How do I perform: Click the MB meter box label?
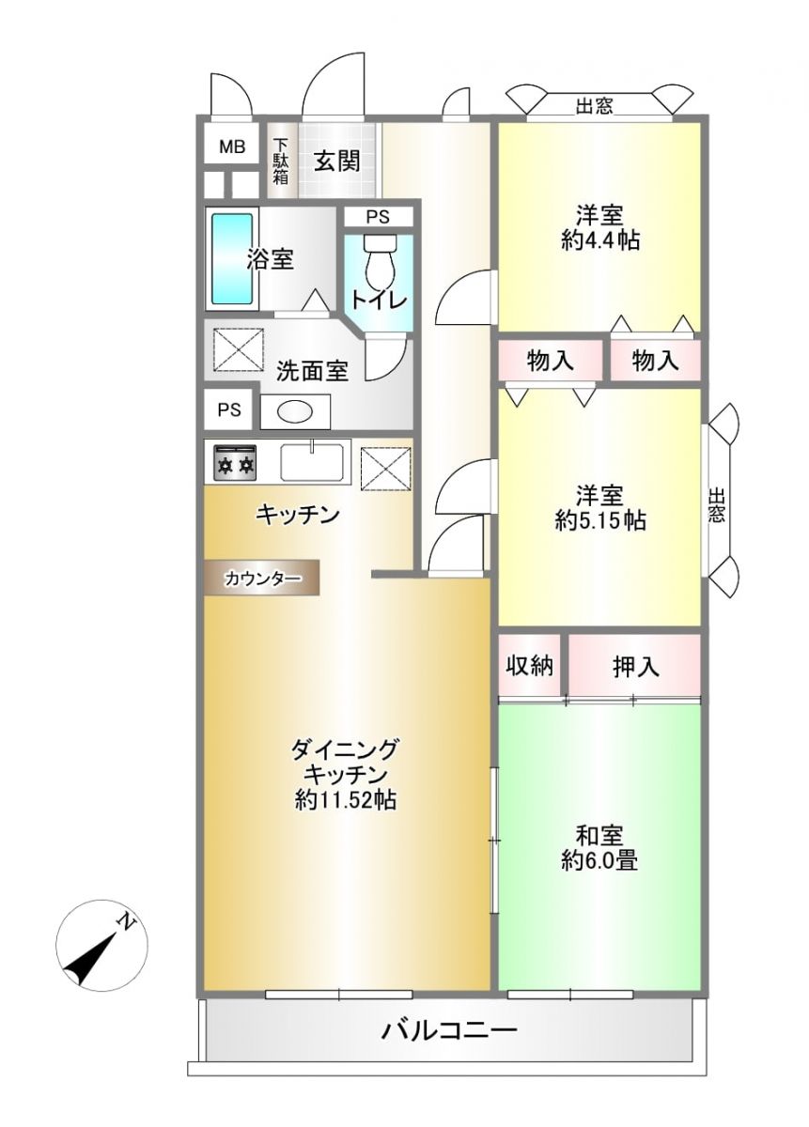click(231, 147)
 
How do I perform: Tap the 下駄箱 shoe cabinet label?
click(280, 161)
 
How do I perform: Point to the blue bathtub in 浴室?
click(231, 258)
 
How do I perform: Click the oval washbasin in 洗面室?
click(295, 412)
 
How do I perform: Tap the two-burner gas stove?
click(235, 461)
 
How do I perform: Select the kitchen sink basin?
click(312, 462)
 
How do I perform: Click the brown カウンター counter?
click(262, 579)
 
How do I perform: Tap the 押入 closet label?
click(635, 667)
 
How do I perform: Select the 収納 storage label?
click(529, 666)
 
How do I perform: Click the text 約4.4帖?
click(599, 241)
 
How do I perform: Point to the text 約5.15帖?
click(600, 520)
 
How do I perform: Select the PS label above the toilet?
click(378, 217)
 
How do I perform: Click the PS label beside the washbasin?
click(229, 410)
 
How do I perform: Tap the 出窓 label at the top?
click(595, 106)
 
